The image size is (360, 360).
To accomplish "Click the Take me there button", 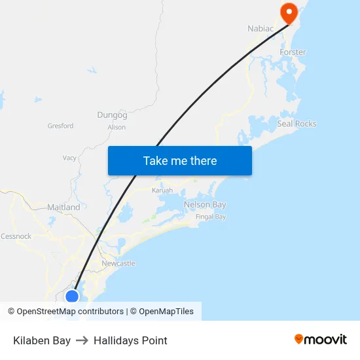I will coord(179,160).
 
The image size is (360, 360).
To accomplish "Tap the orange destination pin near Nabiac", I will coord(288,12).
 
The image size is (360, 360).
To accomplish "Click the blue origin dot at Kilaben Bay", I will coord(72,296).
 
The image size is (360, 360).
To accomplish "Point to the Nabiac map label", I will coord(260,28).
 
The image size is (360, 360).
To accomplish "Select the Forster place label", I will coord(293,52).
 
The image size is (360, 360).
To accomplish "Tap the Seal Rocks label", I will coord(297,124).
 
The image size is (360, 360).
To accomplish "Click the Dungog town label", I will coord(112,115).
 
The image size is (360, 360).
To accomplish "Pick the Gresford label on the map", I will coord(61,126).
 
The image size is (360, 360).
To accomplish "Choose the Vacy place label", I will coord(69,158).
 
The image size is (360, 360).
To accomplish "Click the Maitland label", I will coord(63,207).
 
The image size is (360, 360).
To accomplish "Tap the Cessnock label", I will coord(16,236).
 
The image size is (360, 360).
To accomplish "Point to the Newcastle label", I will coord(118,263).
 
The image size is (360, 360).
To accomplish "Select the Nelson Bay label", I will coord(205,205).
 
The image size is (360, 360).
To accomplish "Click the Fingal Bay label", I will coord(211,217).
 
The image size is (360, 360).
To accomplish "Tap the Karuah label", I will coord(162,190).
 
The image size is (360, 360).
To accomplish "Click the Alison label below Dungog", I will coord(117,127).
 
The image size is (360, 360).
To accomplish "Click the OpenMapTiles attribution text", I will coord(166,312).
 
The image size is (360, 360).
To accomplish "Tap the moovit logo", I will coord(321,339).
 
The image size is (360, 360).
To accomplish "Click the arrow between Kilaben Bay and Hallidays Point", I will coord(82,340).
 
